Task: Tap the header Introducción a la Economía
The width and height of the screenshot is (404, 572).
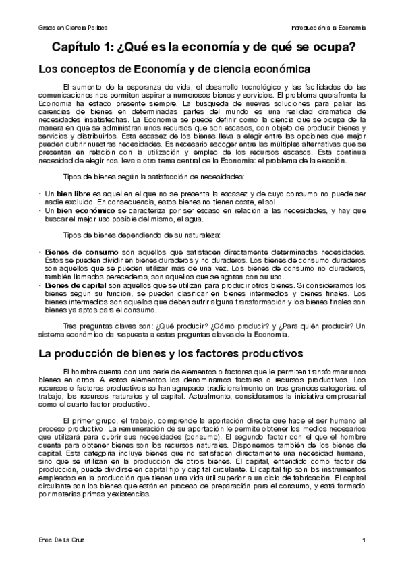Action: [x=328, y=28]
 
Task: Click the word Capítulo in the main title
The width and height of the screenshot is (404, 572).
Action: [x=78, y=48]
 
